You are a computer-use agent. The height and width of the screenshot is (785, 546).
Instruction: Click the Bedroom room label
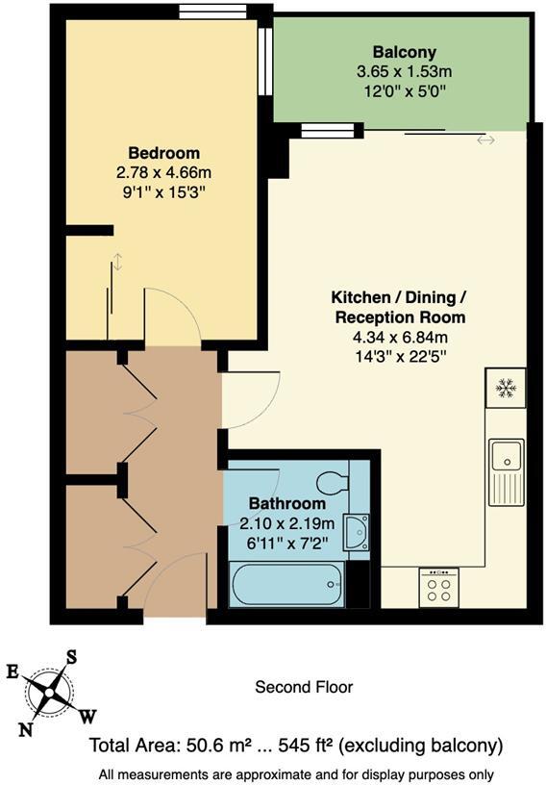click(x=164, y=153)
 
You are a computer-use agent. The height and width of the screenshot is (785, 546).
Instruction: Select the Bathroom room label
click(x=287, y=503)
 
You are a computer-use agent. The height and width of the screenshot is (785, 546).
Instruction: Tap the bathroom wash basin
click(x=358, y=530)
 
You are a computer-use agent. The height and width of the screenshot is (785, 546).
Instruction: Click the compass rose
click(x=48, y=690)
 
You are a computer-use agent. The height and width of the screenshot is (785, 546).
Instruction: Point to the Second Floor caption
click(x=303, y=687)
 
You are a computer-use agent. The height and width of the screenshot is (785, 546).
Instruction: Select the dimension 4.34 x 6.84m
click(x=399, y=337)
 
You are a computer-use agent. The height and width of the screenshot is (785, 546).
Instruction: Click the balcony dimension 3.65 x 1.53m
click(x=404, y=71)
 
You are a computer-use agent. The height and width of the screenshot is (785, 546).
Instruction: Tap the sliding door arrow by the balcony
click(x=485, y=139)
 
